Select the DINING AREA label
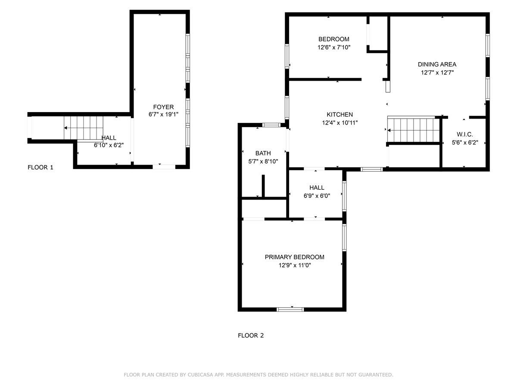click(x=437, y=65)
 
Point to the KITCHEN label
click(x=339, y=115)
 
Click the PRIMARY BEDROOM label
click(x=294, y=257)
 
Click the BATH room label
click(x=263, y=153)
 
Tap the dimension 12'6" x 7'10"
click(x=334, y=47)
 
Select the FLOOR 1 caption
click(x=40, y=167)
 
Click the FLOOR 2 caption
click(x=251, y=335)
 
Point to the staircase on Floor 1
click(x=84, y=128)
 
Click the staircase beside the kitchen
click(x=413, y=129)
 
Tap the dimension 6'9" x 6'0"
click(x=317, y=195)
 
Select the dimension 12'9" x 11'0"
click(x=294, y=265)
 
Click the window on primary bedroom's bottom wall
click(x=290, y=309)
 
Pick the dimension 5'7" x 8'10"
click(x=263, y=161)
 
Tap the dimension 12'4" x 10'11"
click(x=339, y=122)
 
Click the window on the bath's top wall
click(x=271, y=125)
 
